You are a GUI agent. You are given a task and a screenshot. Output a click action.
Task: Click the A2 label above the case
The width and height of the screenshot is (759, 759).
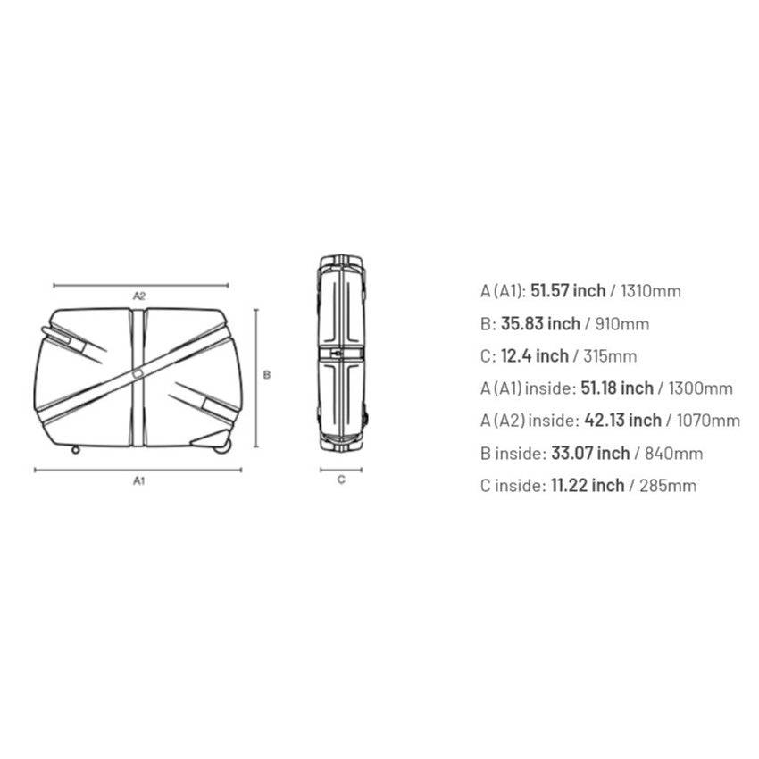[139, 295]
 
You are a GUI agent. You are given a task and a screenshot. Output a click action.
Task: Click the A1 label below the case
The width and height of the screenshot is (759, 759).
[139, 480]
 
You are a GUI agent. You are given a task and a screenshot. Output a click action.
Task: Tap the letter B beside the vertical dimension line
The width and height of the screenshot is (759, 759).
[267, 375]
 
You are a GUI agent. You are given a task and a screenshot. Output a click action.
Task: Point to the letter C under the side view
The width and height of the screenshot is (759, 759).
[341, 480]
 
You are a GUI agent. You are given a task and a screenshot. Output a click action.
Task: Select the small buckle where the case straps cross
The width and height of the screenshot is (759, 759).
[139, 371]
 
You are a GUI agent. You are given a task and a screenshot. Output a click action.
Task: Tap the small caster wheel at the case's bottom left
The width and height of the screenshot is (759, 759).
[74, 448]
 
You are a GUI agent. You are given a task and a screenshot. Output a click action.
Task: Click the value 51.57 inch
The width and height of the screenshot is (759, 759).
[568, 291]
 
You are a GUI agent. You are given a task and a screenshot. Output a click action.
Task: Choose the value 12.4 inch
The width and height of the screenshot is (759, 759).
[534, 356]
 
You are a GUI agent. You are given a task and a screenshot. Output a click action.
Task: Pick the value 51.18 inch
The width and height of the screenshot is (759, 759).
[615, 388]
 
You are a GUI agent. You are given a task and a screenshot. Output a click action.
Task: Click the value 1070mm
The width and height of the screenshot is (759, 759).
[706, 421]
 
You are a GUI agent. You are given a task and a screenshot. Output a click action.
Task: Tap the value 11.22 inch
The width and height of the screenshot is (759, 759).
[584, 486]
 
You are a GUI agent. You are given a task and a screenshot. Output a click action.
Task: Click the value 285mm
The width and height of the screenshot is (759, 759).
[665, 486]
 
